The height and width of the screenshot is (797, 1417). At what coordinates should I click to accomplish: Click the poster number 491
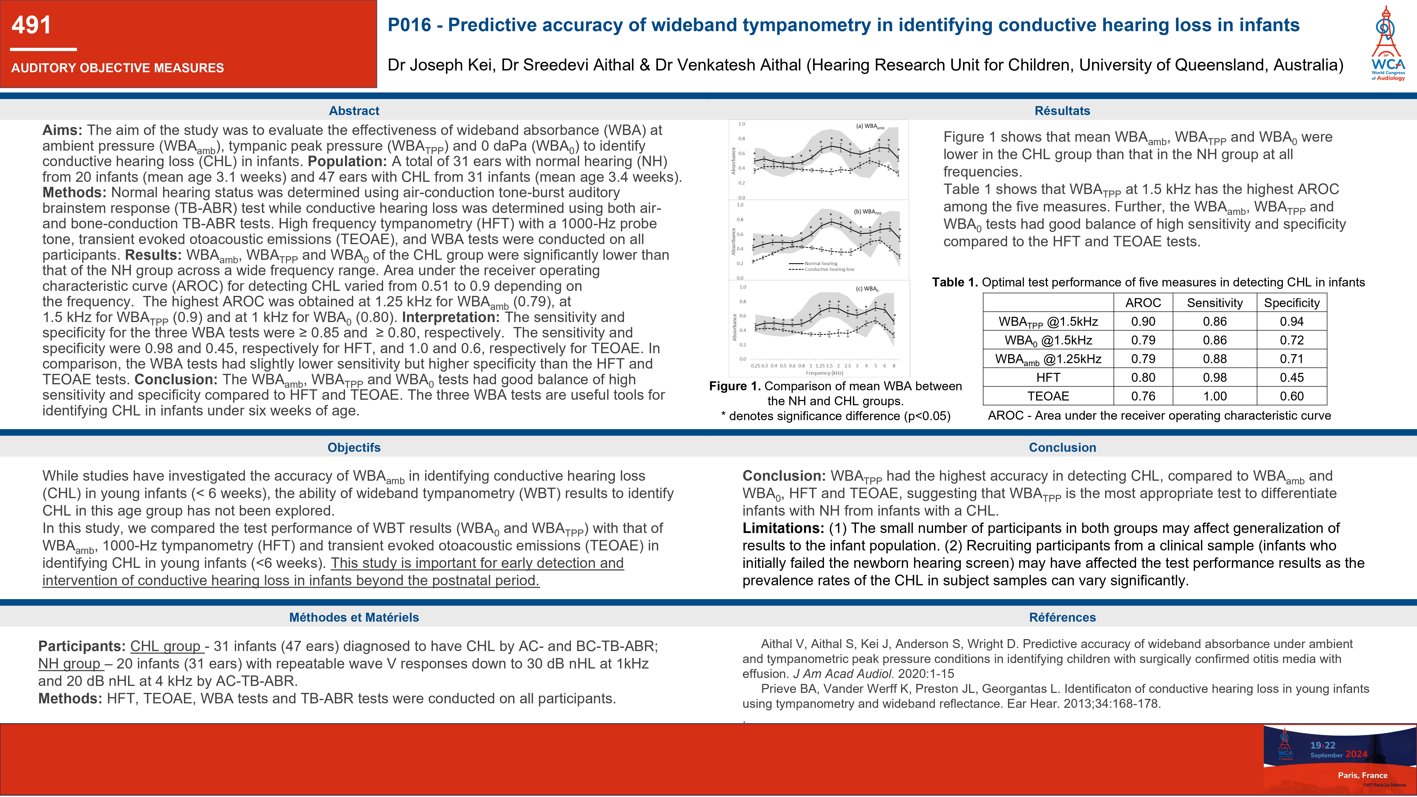coord(31,25)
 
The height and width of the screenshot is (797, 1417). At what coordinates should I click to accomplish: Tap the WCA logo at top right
coord(1387,44)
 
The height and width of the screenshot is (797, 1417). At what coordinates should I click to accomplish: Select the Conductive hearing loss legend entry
coord(829,269)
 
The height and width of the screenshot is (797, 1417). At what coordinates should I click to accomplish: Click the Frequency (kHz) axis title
coord(824,373)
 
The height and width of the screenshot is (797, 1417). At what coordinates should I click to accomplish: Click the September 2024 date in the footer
coord(1338,755)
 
